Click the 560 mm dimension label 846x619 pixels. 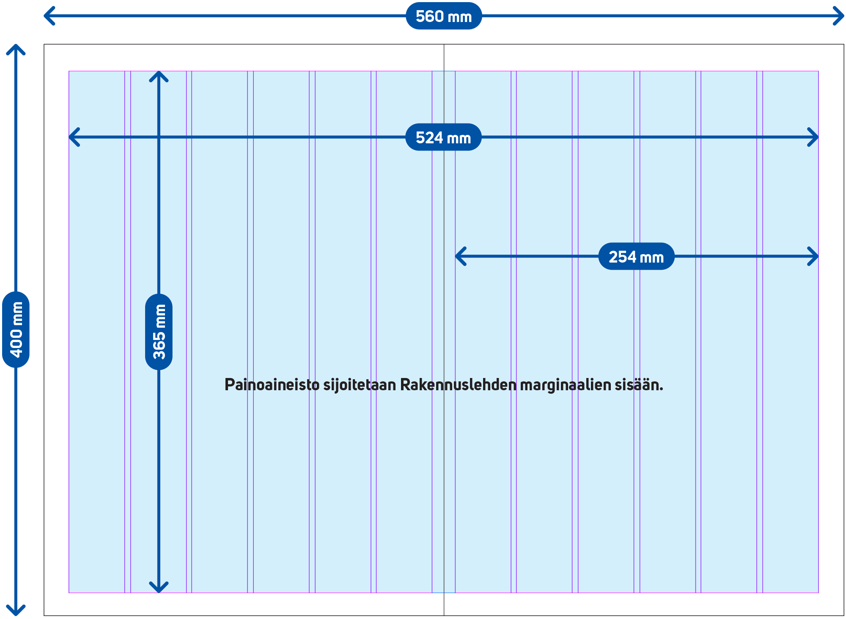[443, 16]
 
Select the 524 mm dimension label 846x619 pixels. [443, 137]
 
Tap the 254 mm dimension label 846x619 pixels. [636, 257]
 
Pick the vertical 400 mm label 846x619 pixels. [16, 329]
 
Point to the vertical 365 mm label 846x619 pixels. [159, 332]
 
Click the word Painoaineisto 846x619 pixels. [272, 385]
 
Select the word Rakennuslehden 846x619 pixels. [458, 385]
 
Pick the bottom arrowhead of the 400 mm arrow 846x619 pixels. [16, 611]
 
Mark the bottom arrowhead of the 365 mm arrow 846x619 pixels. [159, 588]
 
